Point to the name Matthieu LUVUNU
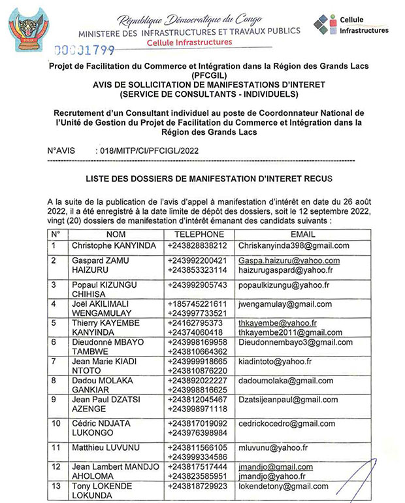[97, 448]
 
